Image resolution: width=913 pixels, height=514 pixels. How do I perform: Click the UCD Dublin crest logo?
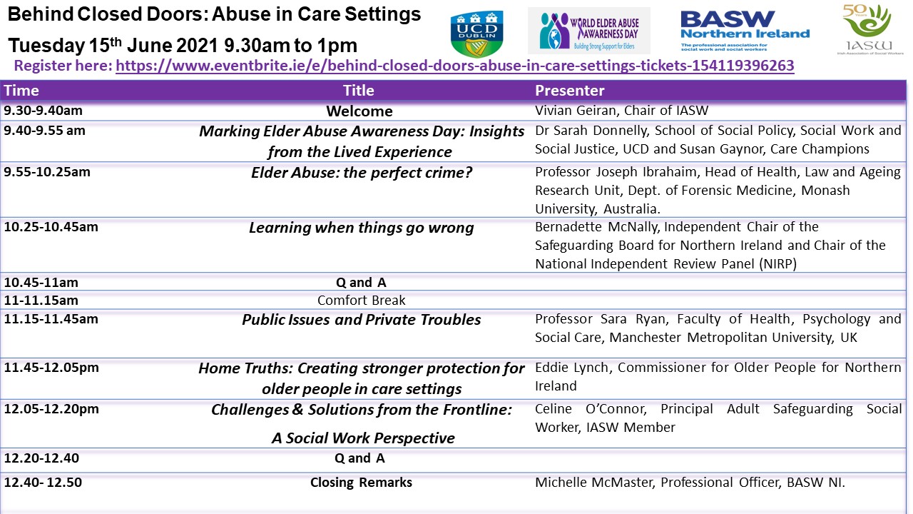(x=476, y=34)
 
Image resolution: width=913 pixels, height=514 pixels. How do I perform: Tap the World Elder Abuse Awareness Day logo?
(x=589, y=31)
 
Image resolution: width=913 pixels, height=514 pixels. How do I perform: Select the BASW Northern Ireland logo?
(x=745, y=31)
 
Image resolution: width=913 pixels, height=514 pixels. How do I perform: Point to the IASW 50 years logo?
(x=869, y=29)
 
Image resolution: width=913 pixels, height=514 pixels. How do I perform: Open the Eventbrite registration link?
(x=455, y=66)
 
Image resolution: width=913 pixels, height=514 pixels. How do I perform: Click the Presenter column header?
(x=569, y=91)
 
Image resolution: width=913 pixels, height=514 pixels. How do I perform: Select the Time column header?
(x=21, y=91)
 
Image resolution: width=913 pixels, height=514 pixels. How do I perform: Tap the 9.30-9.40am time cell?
(x=44, y=111)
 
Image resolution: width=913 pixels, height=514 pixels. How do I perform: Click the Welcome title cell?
(x=359, y=111)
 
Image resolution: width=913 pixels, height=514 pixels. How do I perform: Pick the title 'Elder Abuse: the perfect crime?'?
(x=362, y=173)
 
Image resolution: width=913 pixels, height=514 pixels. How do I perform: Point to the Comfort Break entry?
(x=361, y=301)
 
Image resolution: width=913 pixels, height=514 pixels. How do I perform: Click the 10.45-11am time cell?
(x=41, y=282)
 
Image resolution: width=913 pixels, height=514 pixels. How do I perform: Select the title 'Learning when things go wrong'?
(x=362, y=228)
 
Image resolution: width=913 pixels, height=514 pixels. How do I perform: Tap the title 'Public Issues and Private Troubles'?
(x=362, y=320)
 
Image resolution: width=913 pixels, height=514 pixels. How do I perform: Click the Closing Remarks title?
(x=361, y=482)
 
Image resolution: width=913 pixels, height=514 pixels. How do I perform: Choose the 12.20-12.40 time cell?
(x=41, y=458)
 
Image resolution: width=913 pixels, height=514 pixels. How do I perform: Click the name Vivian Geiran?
(x=576, y=110)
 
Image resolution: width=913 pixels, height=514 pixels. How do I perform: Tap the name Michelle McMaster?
(x=593, y=482)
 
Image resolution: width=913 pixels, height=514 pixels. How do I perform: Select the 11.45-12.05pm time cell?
(x=51, y=368)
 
